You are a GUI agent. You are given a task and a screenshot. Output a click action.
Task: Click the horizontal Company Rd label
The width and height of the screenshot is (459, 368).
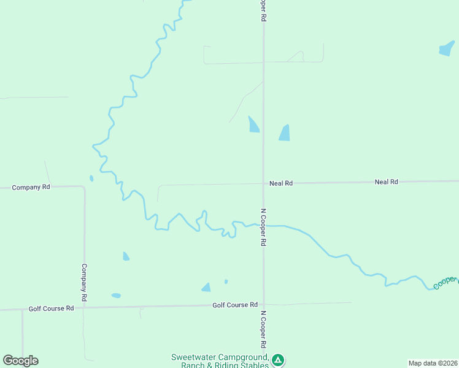click(31, 187)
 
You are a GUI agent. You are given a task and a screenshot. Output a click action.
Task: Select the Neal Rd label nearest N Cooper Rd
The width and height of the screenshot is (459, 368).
click(281, 183)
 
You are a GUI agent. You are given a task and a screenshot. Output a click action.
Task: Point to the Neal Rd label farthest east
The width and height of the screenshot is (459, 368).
click(386, 182)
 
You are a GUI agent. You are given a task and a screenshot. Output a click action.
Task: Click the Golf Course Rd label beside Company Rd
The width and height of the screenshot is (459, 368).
click(51, 309)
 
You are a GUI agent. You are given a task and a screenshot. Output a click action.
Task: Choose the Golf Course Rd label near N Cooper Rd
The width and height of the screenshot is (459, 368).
click(235, 305)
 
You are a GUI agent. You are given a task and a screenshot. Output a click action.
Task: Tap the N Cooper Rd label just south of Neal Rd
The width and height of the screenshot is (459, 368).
click(263, 227)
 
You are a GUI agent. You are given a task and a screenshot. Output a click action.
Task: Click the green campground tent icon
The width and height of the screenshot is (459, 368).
click(278, 360)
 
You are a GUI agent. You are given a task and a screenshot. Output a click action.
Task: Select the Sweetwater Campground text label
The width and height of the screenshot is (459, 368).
click(220, 361)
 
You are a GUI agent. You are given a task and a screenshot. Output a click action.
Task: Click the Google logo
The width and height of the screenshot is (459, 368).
click(20, 361)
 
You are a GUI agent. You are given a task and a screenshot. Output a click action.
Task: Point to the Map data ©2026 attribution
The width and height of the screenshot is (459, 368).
click(433, 363)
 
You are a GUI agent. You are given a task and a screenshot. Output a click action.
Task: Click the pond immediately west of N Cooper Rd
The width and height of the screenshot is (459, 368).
click(253, 125)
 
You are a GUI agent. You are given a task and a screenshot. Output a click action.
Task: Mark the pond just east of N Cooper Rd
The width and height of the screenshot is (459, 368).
click(284, 132)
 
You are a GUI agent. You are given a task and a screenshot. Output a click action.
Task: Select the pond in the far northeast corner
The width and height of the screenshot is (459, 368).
click(447, 49)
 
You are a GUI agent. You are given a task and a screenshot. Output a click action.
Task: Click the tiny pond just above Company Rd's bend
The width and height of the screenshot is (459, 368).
click(91, 178)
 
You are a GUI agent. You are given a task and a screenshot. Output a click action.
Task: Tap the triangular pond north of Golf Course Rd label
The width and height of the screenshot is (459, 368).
click(206, 287)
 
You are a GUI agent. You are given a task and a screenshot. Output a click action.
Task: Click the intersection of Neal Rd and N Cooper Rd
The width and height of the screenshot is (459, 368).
click(263, 183)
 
